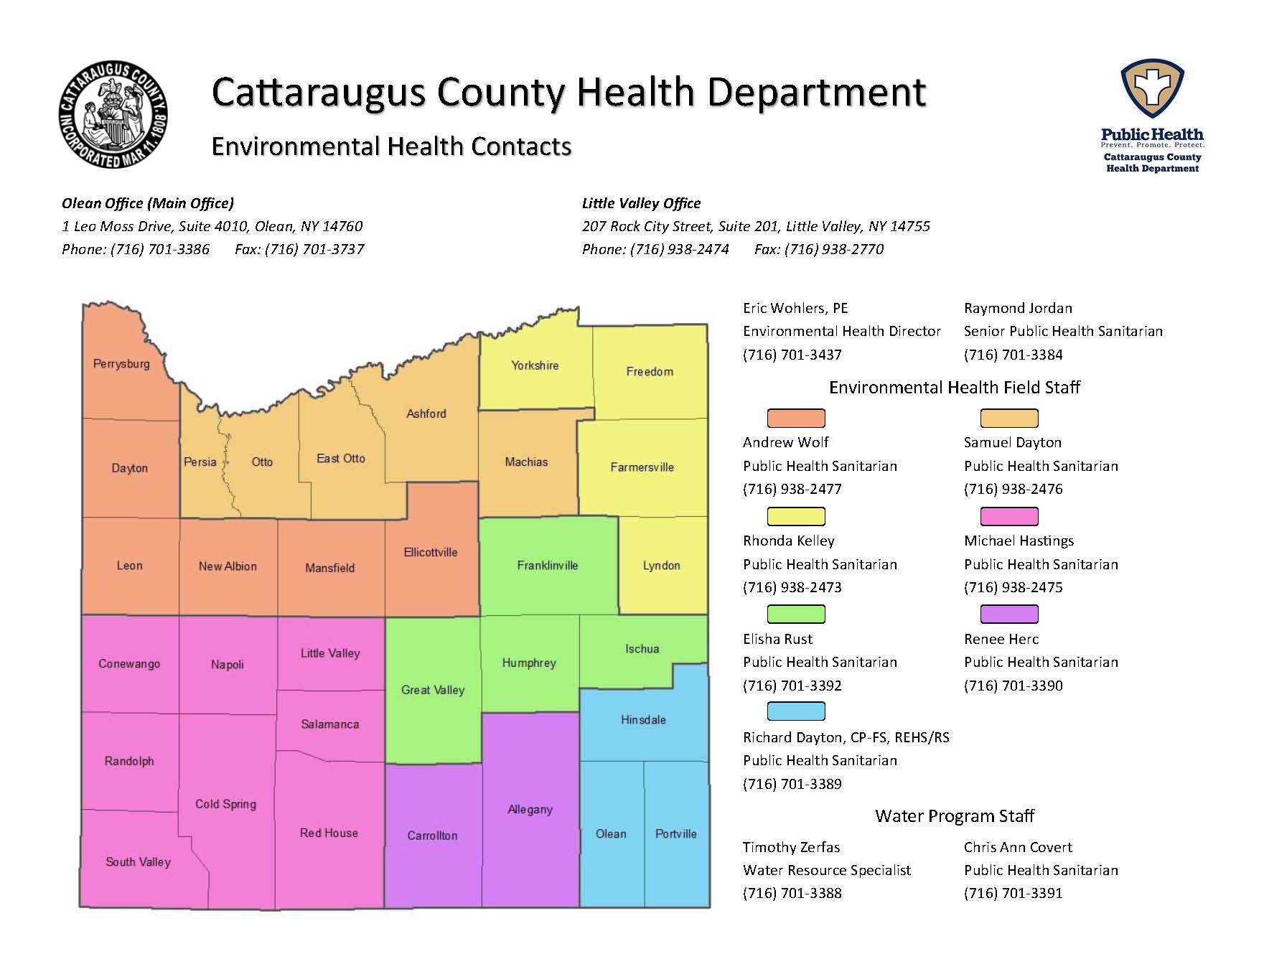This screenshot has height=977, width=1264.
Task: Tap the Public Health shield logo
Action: (1152, 89)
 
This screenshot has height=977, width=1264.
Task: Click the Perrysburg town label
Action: (121, 363)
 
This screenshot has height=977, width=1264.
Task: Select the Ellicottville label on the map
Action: (430, 552)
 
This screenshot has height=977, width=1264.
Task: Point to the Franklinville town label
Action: (547, 565)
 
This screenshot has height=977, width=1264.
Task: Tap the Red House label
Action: (329, 833)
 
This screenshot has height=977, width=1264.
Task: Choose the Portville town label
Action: (675, 833)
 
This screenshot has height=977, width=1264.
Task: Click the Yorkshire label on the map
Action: (535, 365)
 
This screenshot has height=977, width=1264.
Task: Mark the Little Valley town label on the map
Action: (329, 653)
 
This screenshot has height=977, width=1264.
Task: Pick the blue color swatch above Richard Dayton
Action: (796, 711)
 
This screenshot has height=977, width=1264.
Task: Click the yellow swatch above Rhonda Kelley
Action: (796, 516)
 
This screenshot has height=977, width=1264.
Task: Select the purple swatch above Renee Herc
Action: (1009, 614)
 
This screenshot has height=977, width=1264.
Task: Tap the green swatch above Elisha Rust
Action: (796, 614)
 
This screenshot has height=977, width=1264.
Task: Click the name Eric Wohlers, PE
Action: (795, 308)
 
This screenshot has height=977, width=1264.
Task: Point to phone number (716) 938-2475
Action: (1013, 587)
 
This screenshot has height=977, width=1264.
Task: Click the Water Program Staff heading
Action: (954, 815)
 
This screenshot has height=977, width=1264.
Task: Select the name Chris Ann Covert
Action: (1018, 847)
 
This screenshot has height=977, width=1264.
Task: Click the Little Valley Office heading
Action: (641, 203)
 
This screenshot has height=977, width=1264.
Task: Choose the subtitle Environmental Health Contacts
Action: (391, 146)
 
